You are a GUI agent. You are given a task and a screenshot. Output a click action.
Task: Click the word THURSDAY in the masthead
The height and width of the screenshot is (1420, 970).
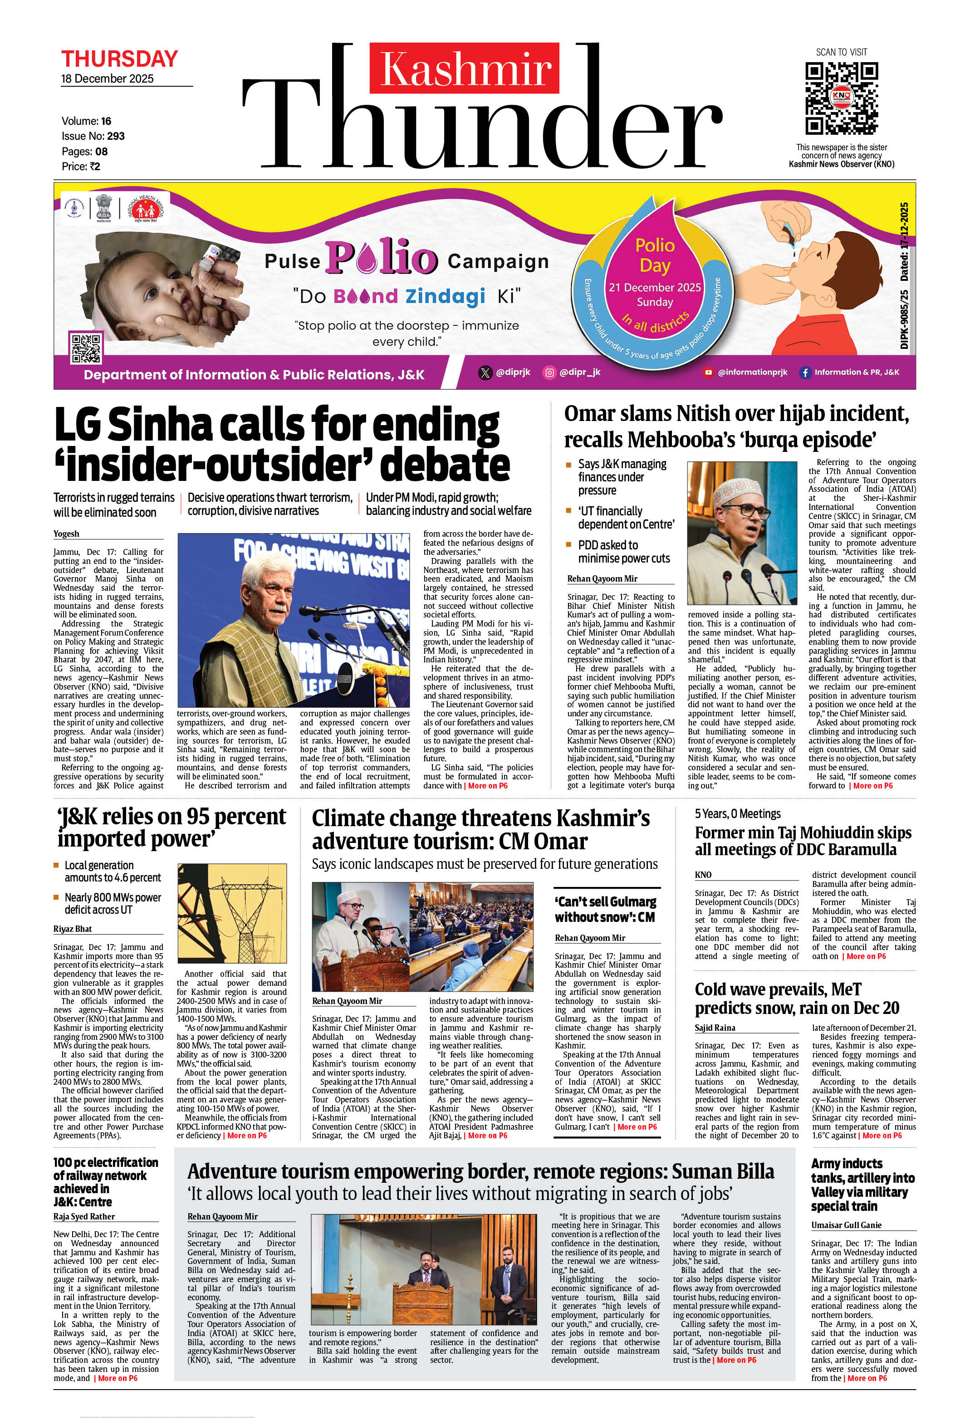click(x=119, y=59)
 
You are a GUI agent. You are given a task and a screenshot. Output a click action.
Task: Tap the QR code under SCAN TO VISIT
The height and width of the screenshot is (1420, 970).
click(x=841, y=98)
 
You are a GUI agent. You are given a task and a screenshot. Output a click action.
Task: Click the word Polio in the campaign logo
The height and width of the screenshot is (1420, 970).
click(x=382, y=257)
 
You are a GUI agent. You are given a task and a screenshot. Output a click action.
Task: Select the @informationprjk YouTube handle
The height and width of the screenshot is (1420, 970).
click(x=752, y=372)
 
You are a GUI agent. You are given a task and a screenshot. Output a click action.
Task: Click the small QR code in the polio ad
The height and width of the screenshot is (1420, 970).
click(x=86, y=348)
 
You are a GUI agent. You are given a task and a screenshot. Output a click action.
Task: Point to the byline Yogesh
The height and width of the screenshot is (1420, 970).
click(x=66, y=534)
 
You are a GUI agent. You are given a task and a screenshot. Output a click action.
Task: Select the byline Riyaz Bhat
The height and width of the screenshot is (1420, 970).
click(x=72, y=929)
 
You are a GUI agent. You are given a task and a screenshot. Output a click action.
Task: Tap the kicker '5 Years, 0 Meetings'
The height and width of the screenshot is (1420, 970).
click(x=737, y=814)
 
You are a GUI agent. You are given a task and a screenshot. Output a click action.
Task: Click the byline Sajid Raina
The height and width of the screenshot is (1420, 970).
click(x=715, y=1028)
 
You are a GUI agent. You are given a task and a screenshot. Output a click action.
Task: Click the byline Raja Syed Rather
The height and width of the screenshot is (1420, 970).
click(x=84, y=1217)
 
